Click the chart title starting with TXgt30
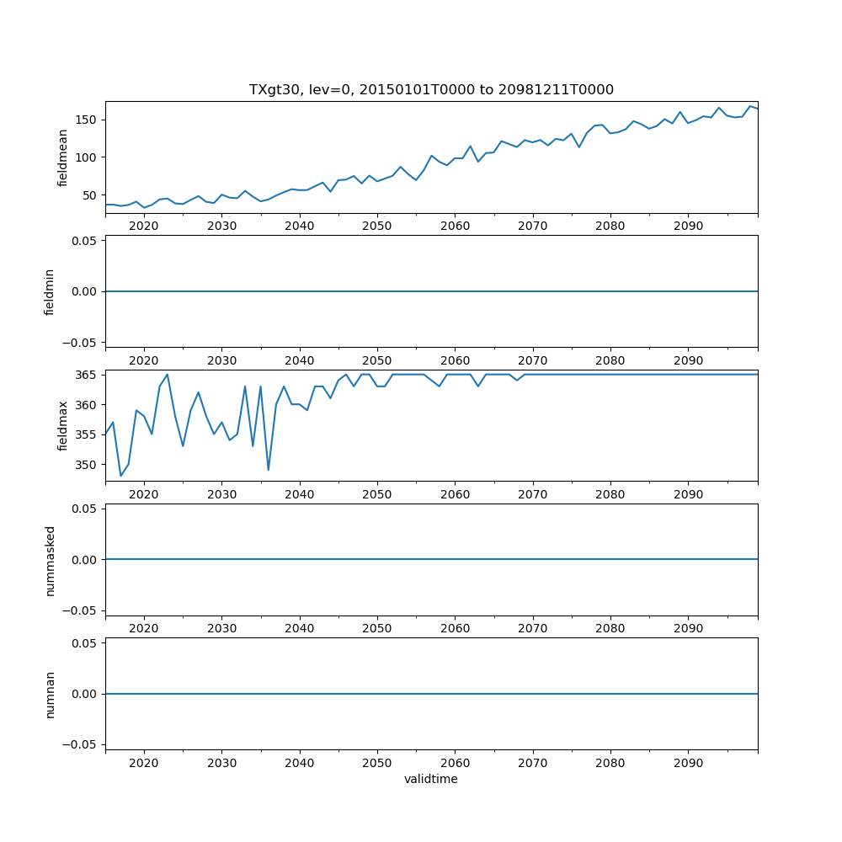(431, 89)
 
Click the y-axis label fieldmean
(62, 157)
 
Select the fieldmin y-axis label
(50, 291)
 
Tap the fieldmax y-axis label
(62, 425)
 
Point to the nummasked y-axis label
(50, 560)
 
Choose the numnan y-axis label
(50, 694)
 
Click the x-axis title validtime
(431, 779)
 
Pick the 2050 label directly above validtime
(377, 763)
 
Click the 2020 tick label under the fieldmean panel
(144, 226)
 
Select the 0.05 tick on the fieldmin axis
(85, 241)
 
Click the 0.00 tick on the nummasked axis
(85, 560)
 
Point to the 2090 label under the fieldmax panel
(688, 494)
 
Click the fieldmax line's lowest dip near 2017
(120, 476)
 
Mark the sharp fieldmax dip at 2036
(268, 470)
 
